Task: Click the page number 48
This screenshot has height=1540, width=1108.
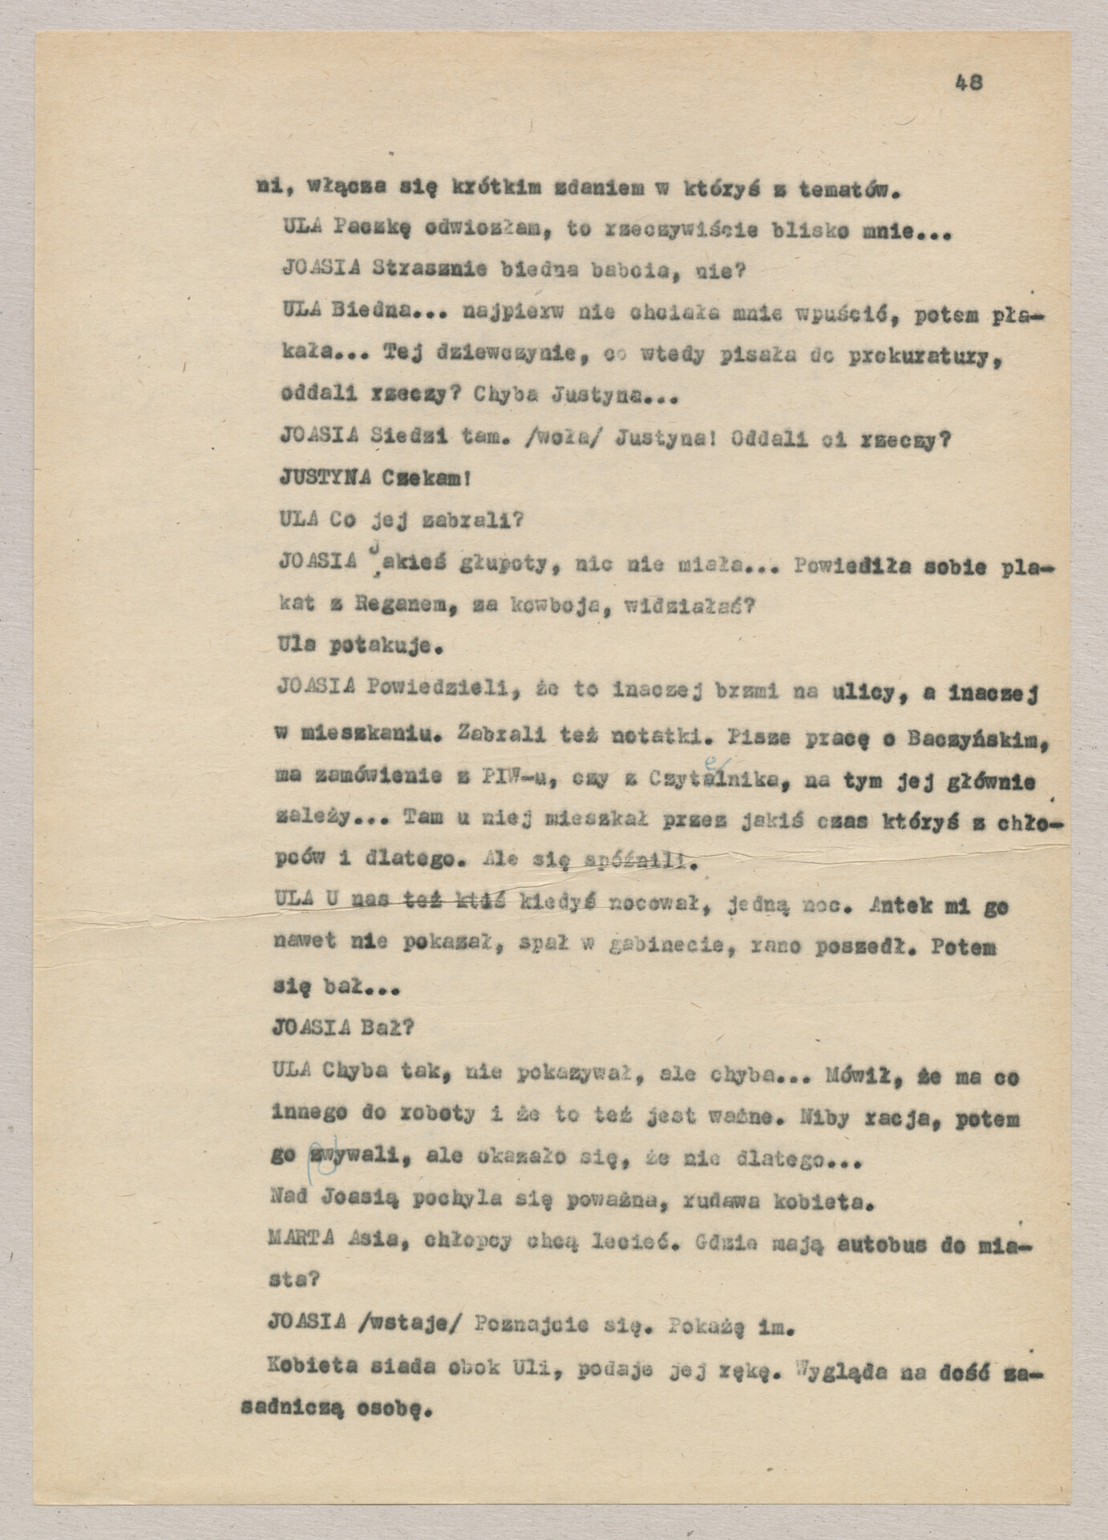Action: pyautogui.click(x=968, y=82)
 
